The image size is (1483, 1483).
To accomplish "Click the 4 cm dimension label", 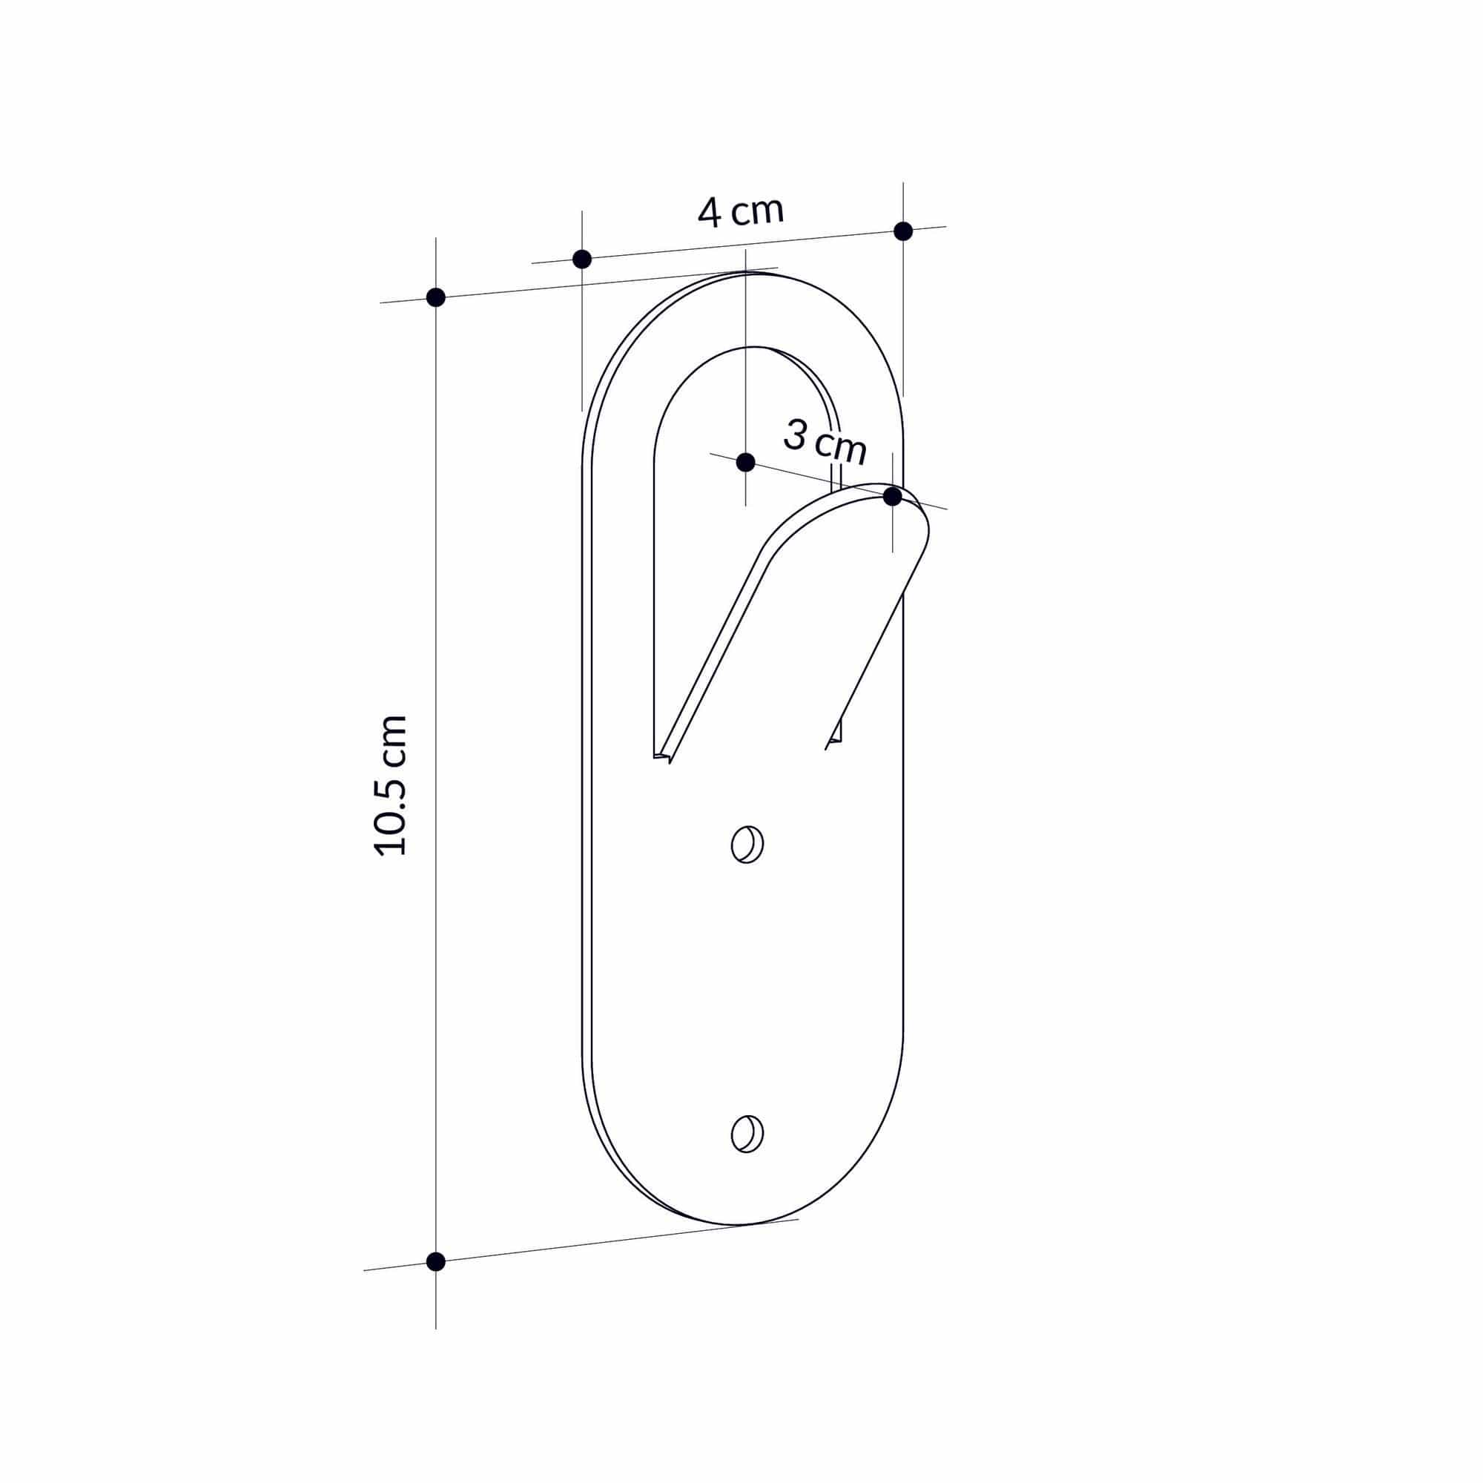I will [x=741, y=212].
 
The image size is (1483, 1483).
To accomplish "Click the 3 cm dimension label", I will [x=825, y=443].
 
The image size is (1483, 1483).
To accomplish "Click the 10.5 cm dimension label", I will [x=390, y=785].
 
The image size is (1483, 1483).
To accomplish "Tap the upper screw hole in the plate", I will [x=747, y=845].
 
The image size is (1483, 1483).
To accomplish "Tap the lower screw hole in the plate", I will [x=747, y=1134].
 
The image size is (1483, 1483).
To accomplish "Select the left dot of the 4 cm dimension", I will [x=582, y=259].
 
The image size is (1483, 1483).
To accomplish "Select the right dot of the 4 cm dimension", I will [x=903, y=231].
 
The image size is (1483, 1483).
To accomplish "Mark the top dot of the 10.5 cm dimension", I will [x=435, y=297].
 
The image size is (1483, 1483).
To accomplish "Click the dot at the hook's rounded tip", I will [x=892, y=497].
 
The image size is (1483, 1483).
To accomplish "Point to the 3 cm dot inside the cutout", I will [x=745, y=462].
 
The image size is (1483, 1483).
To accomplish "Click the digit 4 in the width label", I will [x=710, y=214].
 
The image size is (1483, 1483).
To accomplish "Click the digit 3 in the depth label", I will [x=796, y=436].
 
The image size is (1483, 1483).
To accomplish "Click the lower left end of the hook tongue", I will [x=664, y=756].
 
